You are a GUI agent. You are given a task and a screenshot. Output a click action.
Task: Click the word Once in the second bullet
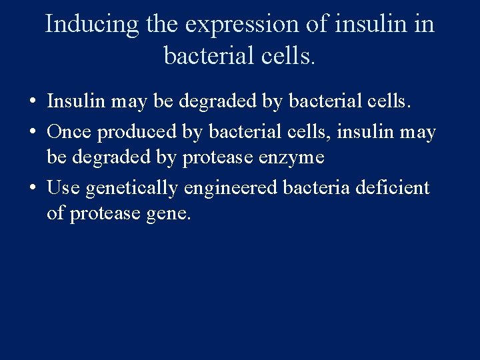[x=70, y=132]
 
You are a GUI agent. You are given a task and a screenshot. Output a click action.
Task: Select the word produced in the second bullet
[x=138, y=133]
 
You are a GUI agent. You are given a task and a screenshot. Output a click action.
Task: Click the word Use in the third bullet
[x=63, y=188]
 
